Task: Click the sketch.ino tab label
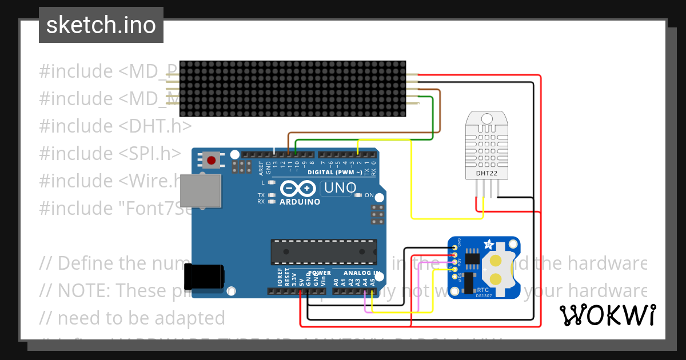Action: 101,25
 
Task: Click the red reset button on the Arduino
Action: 212,160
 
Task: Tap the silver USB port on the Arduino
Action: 200,190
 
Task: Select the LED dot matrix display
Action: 293,89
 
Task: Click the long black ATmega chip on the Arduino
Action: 324,252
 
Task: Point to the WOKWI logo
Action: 607,315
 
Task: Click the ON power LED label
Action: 369,195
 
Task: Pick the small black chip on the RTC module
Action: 472,258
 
